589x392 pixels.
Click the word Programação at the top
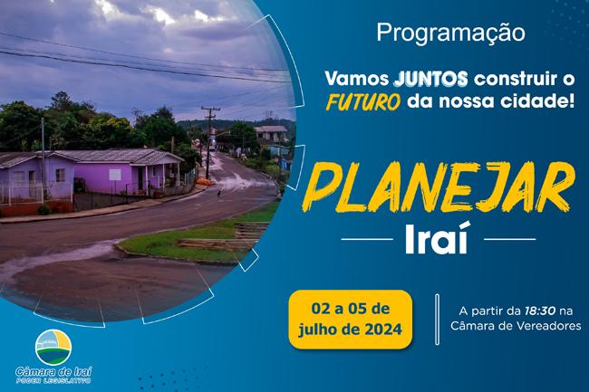450,33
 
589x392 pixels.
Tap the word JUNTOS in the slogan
430,79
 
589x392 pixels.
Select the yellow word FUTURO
362,102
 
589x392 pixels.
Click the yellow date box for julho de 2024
350,320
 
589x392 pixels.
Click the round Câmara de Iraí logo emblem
53,348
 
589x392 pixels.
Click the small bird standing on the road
218,193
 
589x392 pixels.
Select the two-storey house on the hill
271,134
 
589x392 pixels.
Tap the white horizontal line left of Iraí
367,239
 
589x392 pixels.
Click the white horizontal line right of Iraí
510,239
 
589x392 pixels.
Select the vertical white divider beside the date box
438,320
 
